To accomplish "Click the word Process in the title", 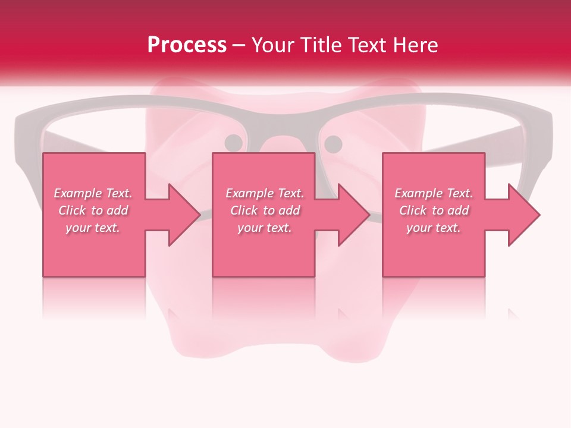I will (187, 45).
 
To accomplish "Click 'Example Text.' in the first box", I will (93, 193).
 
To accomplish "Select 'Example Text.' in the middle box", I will (265, 193).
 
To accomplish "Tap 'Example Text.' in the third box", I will (434, 193).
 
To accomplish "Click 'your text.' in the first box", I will (93, 228).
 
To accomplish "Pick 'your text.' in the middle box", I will (265, 228).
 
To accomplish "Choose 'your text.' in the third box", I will (434, 228).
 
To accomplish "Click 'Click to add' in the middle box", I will (265, 210).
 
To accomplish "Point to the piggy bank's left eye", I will (234, 143).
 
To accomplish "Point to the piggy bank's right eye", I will (333, 143).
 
